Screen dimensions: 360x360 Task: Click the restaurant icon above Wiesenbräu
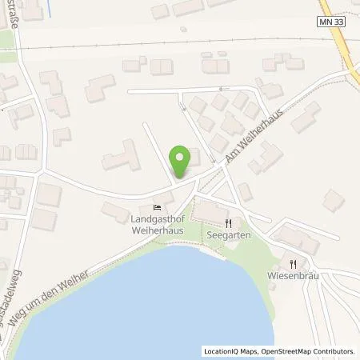click(x=294, y=264)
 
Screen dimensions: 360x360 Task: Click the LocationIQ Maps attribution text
click(x=230, y=351)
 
